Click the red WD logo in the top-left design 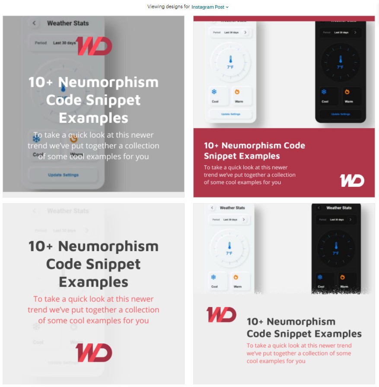click(x=94, y=46)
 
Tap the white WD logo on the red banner click(x=352, y=180)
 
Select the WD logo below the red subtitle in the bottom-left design click(x=94, y=353)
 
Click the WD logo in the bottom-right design click(x=221, y=315)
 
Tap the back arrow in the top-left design click(x=34, y=23)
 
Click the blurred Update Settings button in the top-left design click(x=63, y=175)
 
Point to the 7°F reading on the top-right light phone click(x=231, y=67)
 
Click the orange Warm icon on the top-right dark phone click(x=347, y=92)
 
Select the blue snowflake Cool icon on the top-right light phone click(x=214, y=92)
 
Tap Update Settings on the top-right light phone click(x=231, y=114)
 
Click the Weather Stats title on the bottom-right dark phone click(x=339, y=208)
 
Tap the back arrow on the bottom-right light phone click(x=212, y=208)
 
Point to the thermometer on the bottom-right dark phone click(x=336, y=246)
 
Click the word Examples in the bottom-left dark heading click(x=93, y=282)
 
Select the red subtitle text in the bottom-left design click(x=93, y=310)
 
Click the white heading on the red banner click(x=254, y=150)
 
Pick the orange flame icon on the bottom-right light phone click(x=236, y=277)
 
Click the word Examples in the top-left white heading click(x=93, y=118)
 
